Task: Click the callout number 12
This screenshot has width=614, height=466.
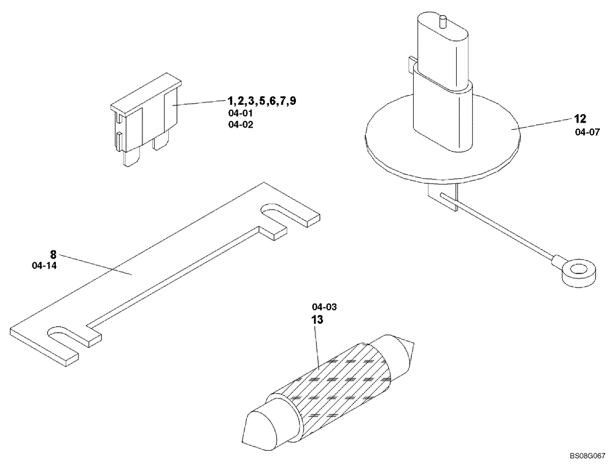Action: pyautogui.click(x=581, y=120)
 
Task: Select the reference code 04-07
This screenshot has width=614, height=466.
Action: pyautogui.click(x=587, y=132)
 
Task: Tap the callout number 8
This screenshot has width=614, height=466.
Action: pyautogui.click(x=53, y=254)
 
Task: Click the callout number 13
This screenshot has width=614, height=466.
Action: pyautogui.click(x=317, y=320)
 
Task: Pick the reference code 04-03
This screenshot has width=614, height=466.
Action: pyautogui.click(x=324, y=307)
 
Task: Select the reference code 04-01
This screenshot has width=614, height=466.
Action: pyautogui.click(x=240, y=113)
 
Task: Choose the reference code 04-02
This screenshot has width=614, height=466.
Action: pyautogui.click(x=240, y=124)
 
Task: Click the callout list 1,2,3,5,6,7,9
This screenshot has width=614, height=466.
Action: pyautogui.click(x=262, y=101)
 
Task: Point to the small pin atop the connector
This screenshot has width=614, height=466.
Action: pyautogui.click(x=441, y=21)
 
